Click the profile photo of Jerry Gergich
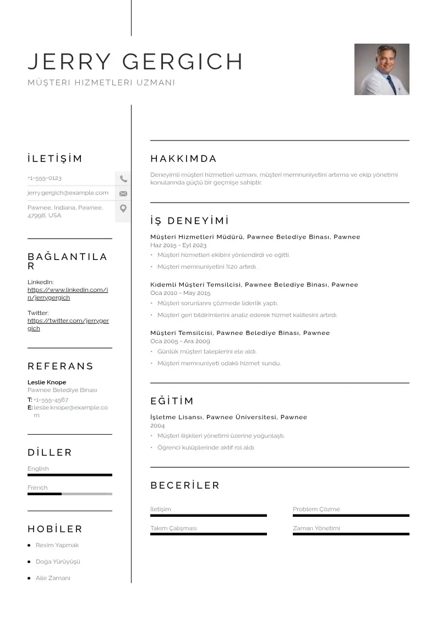click(381, 69)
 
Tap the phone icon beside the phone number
click(123, 178)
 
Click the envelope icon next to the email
click(123, 193)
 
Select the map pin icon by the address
click(123, 208)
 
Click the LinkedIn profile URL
click(67, 294)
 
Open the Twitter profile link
click(68, 324)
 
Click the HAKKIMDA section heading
click(183, 159)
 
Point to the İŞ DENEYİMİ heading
click(189, 221)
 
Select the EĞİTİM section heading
click(172, 401)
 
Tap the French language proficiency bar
click(69, 494)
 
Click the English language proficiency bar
click(69, 475)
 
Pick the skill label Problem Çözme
click(316, 509)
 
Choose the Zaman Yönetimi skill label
click(316, 528)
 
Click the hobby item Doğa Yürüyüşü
click(58, 561)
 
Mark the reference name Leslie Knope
click(47, 382)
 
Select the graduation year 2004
click(157, 426)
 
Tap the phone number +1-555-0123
click(45, 178)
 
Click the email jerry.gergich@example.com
click(68, 193)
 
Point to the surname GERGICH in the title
click(183, 62)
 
